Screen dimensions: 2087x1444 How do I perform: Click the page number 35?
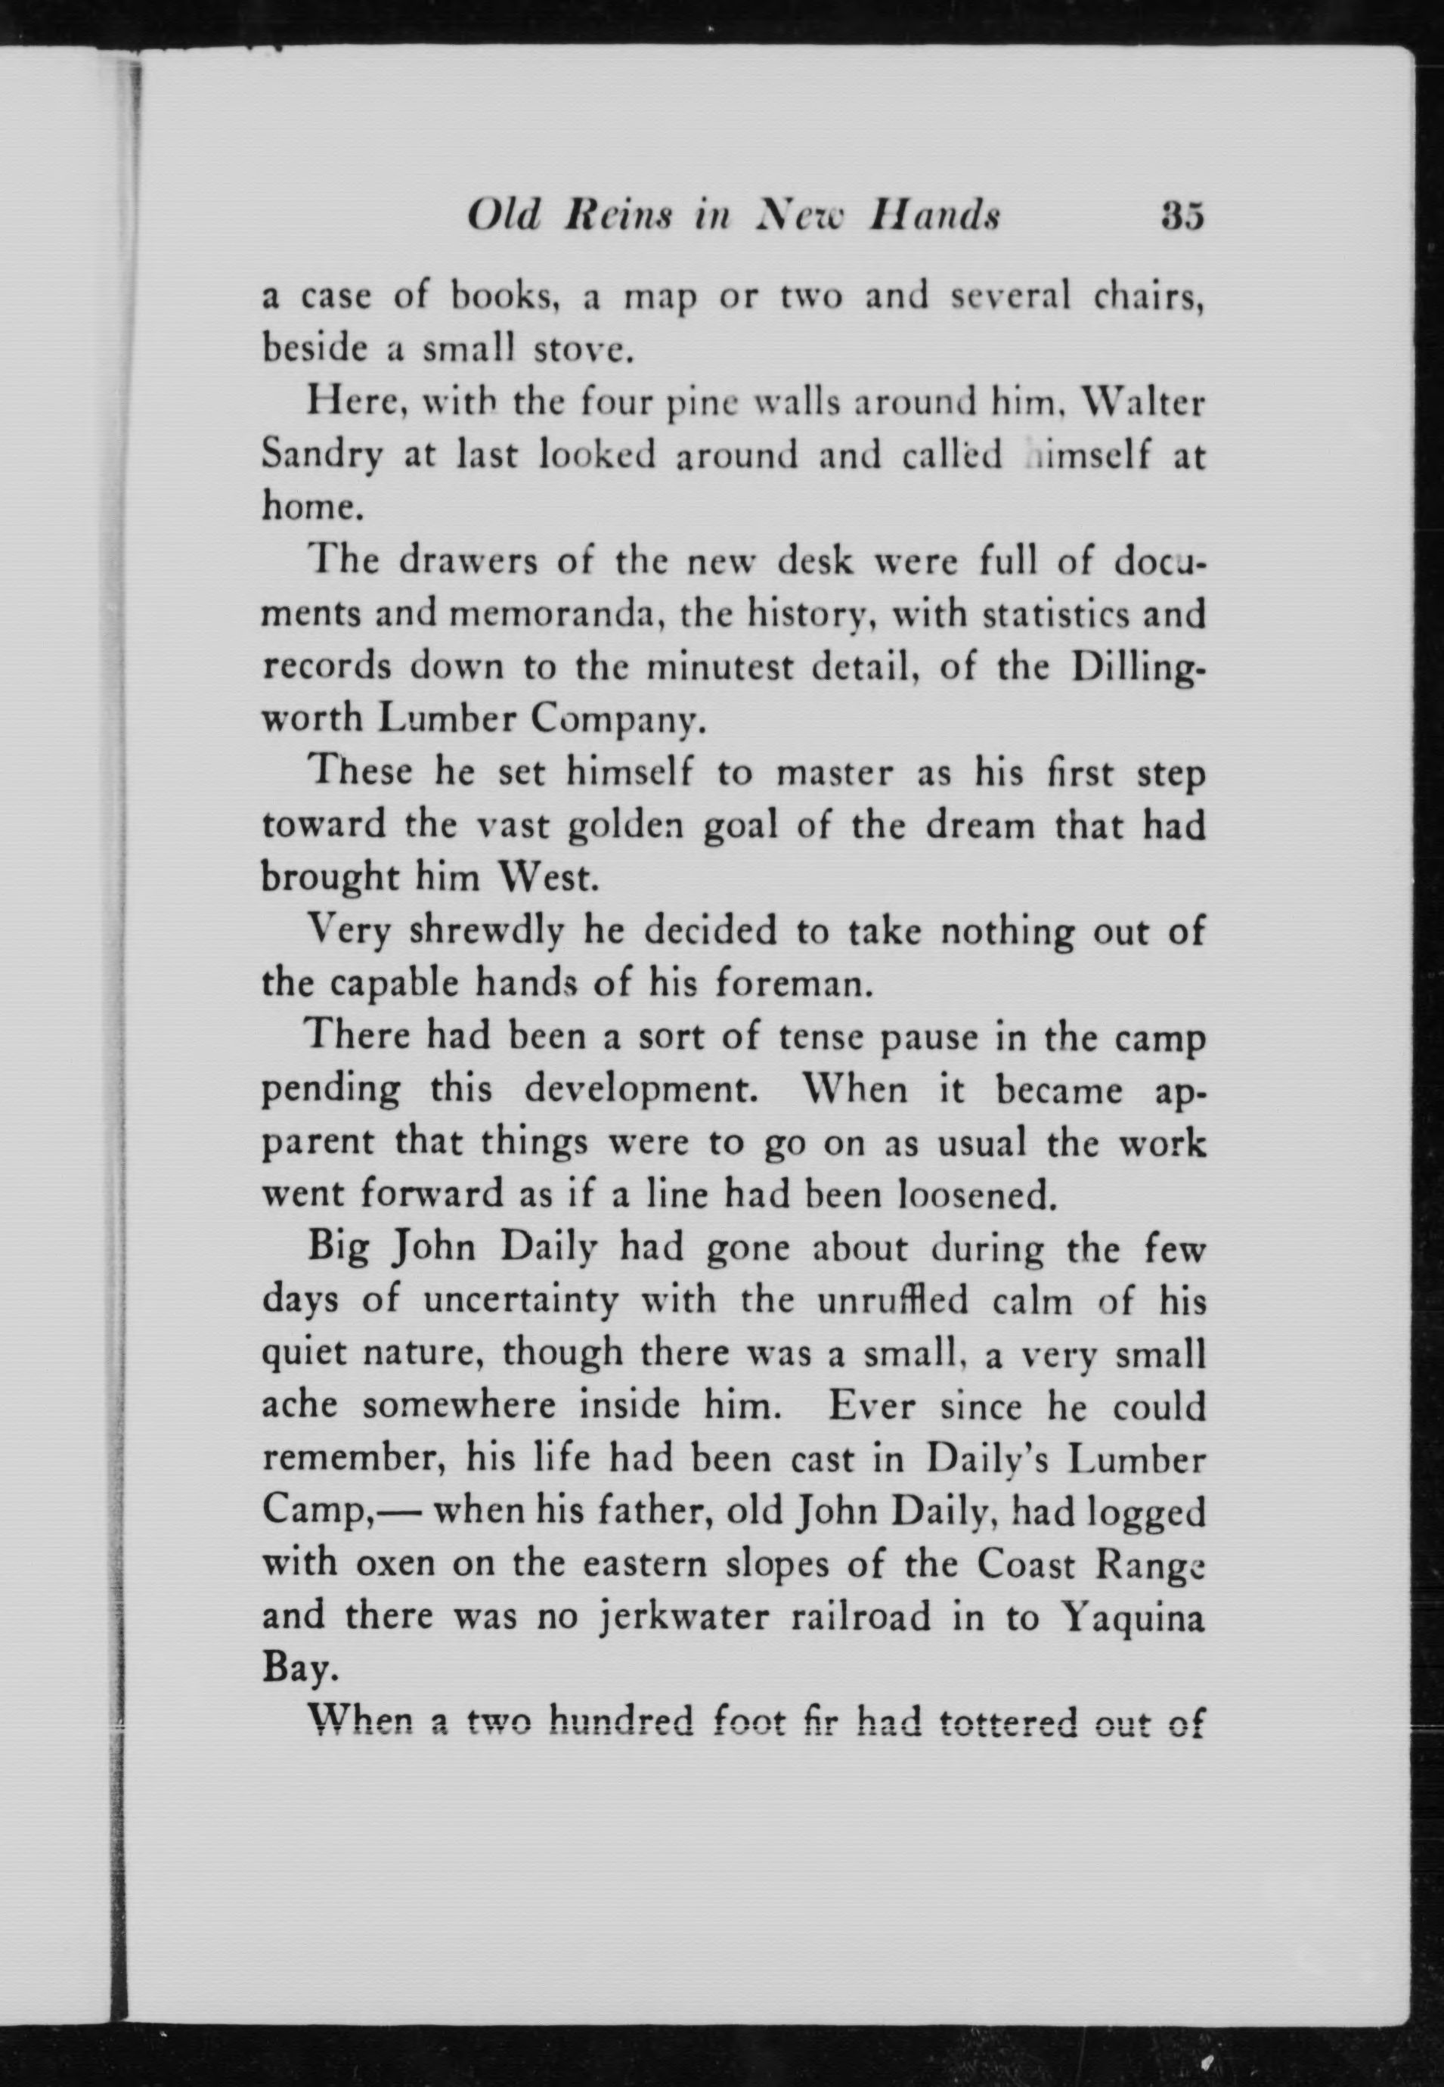pos(1182,217)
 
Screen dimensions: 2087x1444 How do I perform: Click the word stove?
pos(580,349)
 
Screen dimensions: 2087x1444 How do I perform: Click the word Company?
pos(615,720)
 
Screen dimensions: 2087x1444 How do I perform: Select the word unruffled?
pos(892,1301)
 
